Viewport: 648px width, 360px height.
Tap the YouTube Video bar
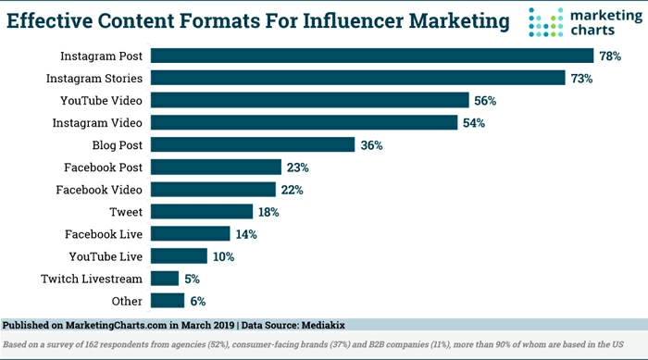pos(309,100)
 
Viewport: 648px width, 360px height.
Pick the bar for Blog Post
pos(252,144)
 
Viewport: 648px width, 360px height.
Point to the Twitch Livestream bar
pos(164,279)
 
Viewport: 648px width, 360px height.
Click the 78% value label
pos(610,56)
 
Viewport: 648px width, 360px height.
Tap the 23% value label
pos(297,168)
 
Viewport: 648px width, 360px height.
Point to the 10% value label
pos(223,256)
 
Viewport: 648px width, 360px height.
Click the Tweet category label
pos(127,212)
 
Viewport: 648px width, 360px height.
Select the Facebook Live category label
pos(104,234)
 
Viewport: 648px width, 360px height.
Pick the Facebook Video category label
pos(101,190)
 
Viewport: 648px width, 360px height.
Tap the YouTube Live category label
pos(106,256)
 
